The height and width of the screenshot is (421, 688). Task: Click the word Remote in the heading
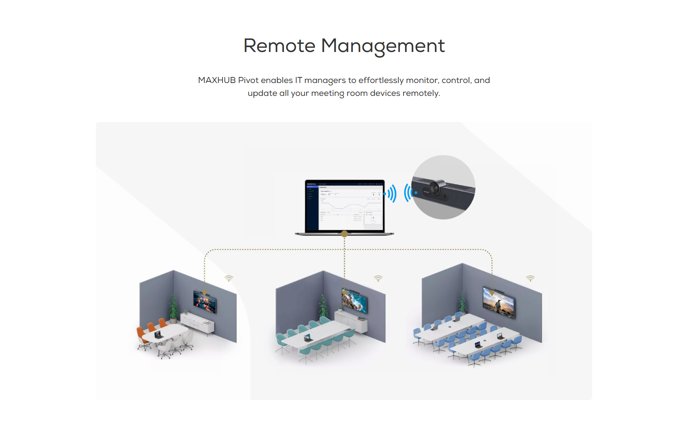279,46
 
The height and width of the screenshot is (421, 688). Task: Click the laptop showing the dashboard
344,206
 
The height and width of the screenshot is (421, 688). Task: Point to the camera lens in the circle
435,188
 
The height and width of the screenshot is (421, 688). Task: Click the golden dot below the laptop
344,234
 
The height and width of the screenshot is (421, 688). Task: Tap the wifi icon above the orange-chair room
229,278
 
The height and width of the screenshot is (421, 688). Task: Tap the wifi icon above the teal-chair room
378,278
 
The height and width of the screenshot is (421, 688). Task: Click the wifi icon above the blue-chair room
531,278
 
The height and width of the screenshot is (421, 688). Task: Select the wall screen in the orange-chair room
205,301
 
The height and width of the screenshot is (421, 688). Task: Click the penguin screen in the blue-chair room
499,302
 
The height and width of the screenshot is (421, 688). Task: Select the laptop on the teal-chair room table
308,338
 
